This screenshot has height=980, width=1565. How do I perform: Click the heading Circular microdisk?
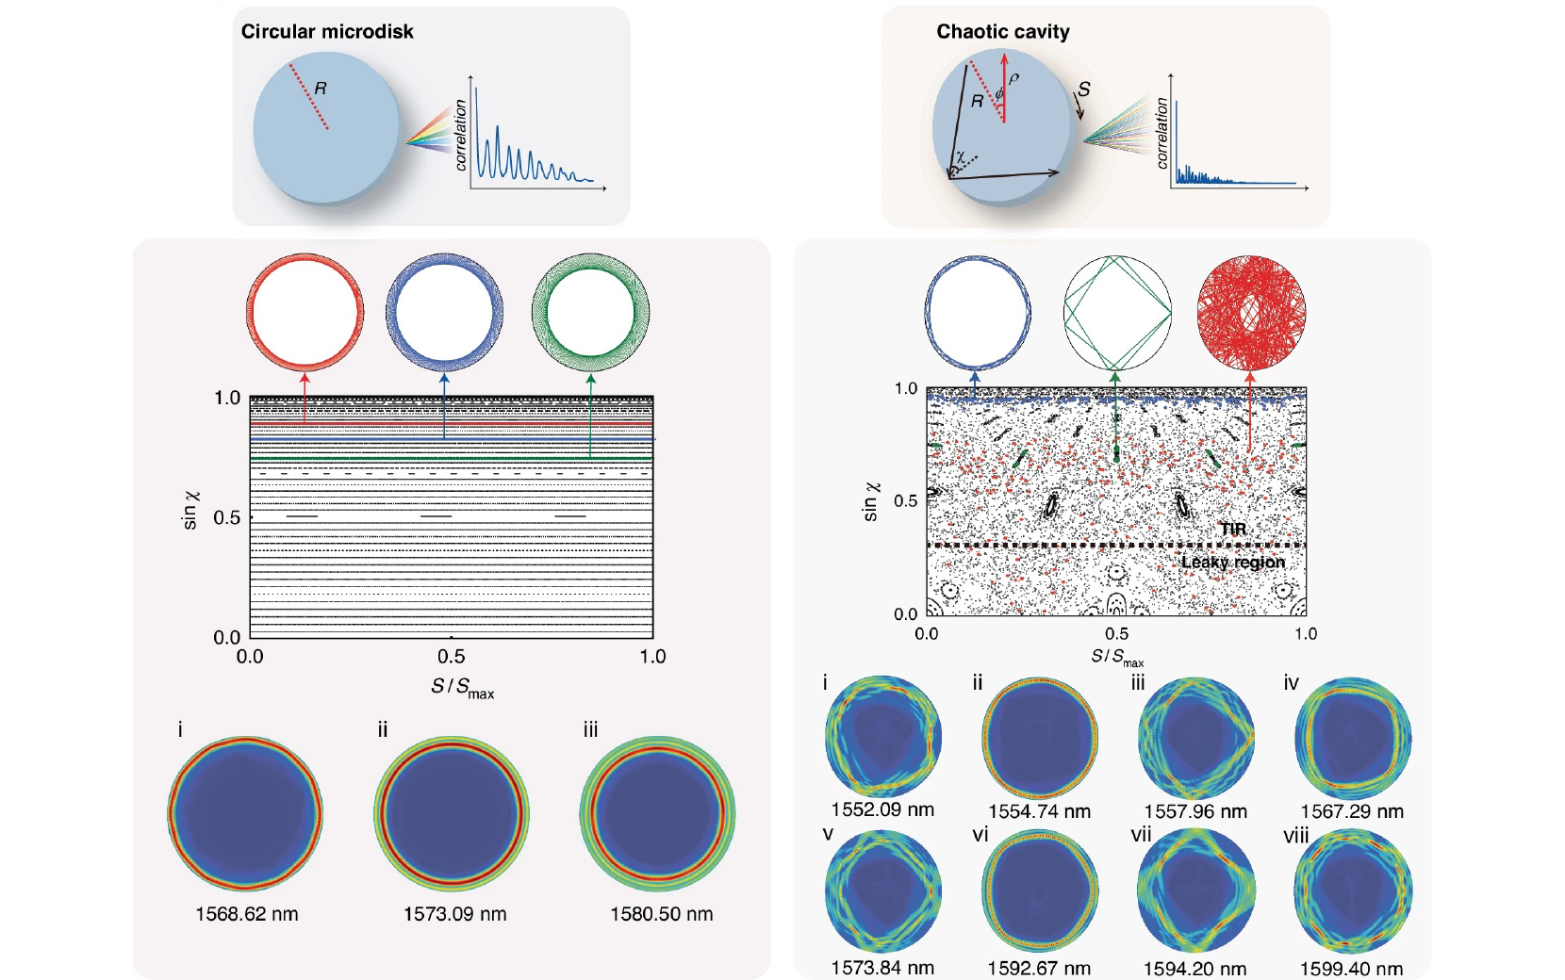point(327,31)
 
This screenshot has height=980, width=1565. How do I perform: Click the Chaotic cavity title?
point(1002,31)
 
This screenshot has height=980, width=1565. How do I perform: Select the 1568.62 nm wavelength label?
point(246,914)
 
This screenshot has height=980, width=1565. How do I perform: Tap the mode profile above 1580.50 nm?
point(657,814)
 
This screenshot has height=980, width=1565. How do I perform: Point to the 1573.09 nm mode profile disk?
point(452,814)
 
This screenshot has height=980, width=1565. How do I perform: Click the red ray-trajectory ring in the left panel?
point(305,312)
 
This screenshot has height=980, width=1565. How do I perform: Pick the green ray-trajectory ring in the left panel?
point(590,312)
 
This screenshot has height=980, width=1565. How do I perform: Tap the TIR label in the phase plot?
point(1232,529)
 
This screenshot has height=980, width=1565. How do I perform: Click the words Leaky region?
point(1232,563)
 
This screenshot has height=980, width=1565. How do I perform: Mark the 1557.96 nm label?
point(1194,811)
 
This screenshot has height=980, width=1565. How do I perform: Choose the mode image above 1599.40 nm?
point(1352,891)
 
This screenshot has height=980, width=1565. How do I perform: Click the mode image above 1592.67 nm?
point(1039,891)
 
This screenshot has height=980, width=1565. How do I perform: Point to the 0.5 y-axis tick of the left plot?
point(226,517)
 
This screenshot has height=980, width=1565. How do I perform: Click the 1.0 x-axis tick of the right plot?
point(1305,634)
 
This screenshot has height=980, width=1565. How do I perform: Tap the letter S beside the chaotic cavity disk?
point(1084,90)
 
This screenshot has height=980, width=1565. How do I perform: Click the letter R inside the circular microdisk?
point(321,89)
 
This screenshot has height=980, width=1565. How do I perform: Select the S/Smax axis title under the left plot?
point(462,687)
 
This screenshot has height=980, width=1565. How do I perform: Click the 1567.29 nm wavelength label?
point(1351,811)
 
